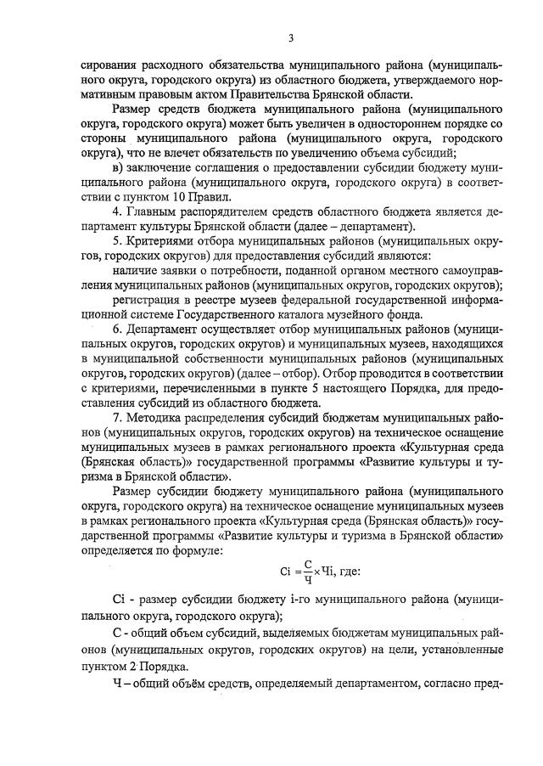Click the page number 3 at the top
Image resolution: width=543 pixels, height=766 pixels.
point(290,37)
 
